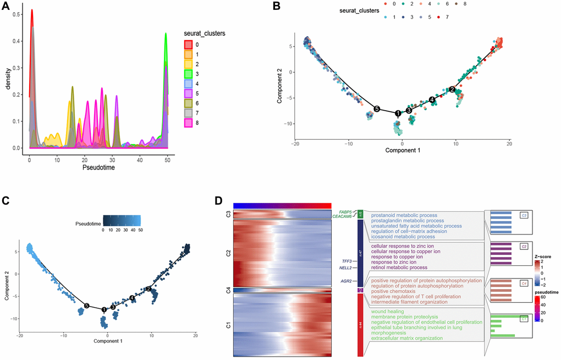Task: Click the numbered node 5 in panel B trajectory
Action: (377, 109)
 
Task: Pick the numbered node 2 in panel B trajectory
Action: (452, 89)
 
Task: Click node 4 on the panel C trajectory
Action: (133, 298)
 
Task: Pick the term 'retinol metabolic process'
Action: (399, 268)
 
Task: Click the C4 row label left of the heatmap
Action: (228, 290)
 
